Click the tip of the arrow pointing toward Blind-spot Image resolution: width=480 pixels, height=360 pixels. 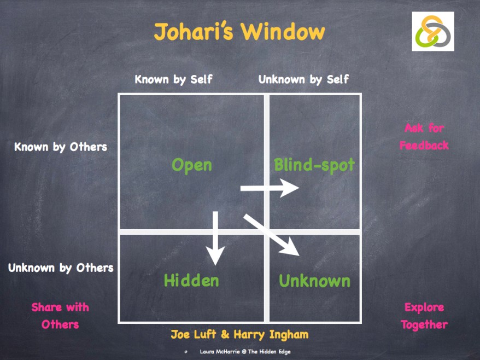[x=299, y=188]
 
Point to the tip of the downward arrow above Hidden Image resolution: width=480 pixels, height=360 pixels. [x=215, y=265]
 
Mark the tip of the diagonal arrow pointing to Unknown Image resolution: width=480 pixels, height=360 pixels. [x=299, y=256]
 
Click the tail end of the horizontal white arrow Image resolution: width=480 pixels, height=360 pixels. [x=241, y=188]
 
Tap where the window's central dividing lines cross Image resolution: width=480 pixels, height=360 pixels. [x=267, y=232]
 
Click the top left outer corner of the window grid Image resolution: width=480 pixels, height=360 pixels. [x=118, y=93]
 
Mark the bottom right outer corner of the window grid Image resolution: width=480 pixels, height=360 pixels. [x=361, y=323]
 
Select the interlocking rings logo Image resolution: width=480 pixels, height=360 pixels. [x=433, y=31]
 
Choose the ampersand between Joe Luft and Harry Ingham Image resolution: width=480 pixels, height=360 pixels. [x=225, y=334]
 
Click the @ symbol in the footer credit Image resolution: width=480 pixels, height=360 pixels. [x=244, y=351]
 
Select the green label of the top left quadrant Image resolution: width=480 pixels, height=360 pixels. [x=192, y=165]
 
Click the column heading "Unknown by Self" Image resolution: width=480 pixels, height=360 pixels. [x=303, y=79]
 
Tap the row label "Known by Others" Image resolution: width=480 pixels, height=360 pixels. [x=61, y=147]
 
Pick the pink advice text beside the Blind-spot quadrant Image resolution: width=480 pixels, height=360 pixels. [x=424, y=137]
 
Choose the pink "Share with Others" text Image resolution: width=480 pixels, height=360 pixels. [x=60, y=316]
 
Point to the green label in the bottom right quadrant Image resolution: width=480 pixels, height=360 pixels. [x=314, y=281]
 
